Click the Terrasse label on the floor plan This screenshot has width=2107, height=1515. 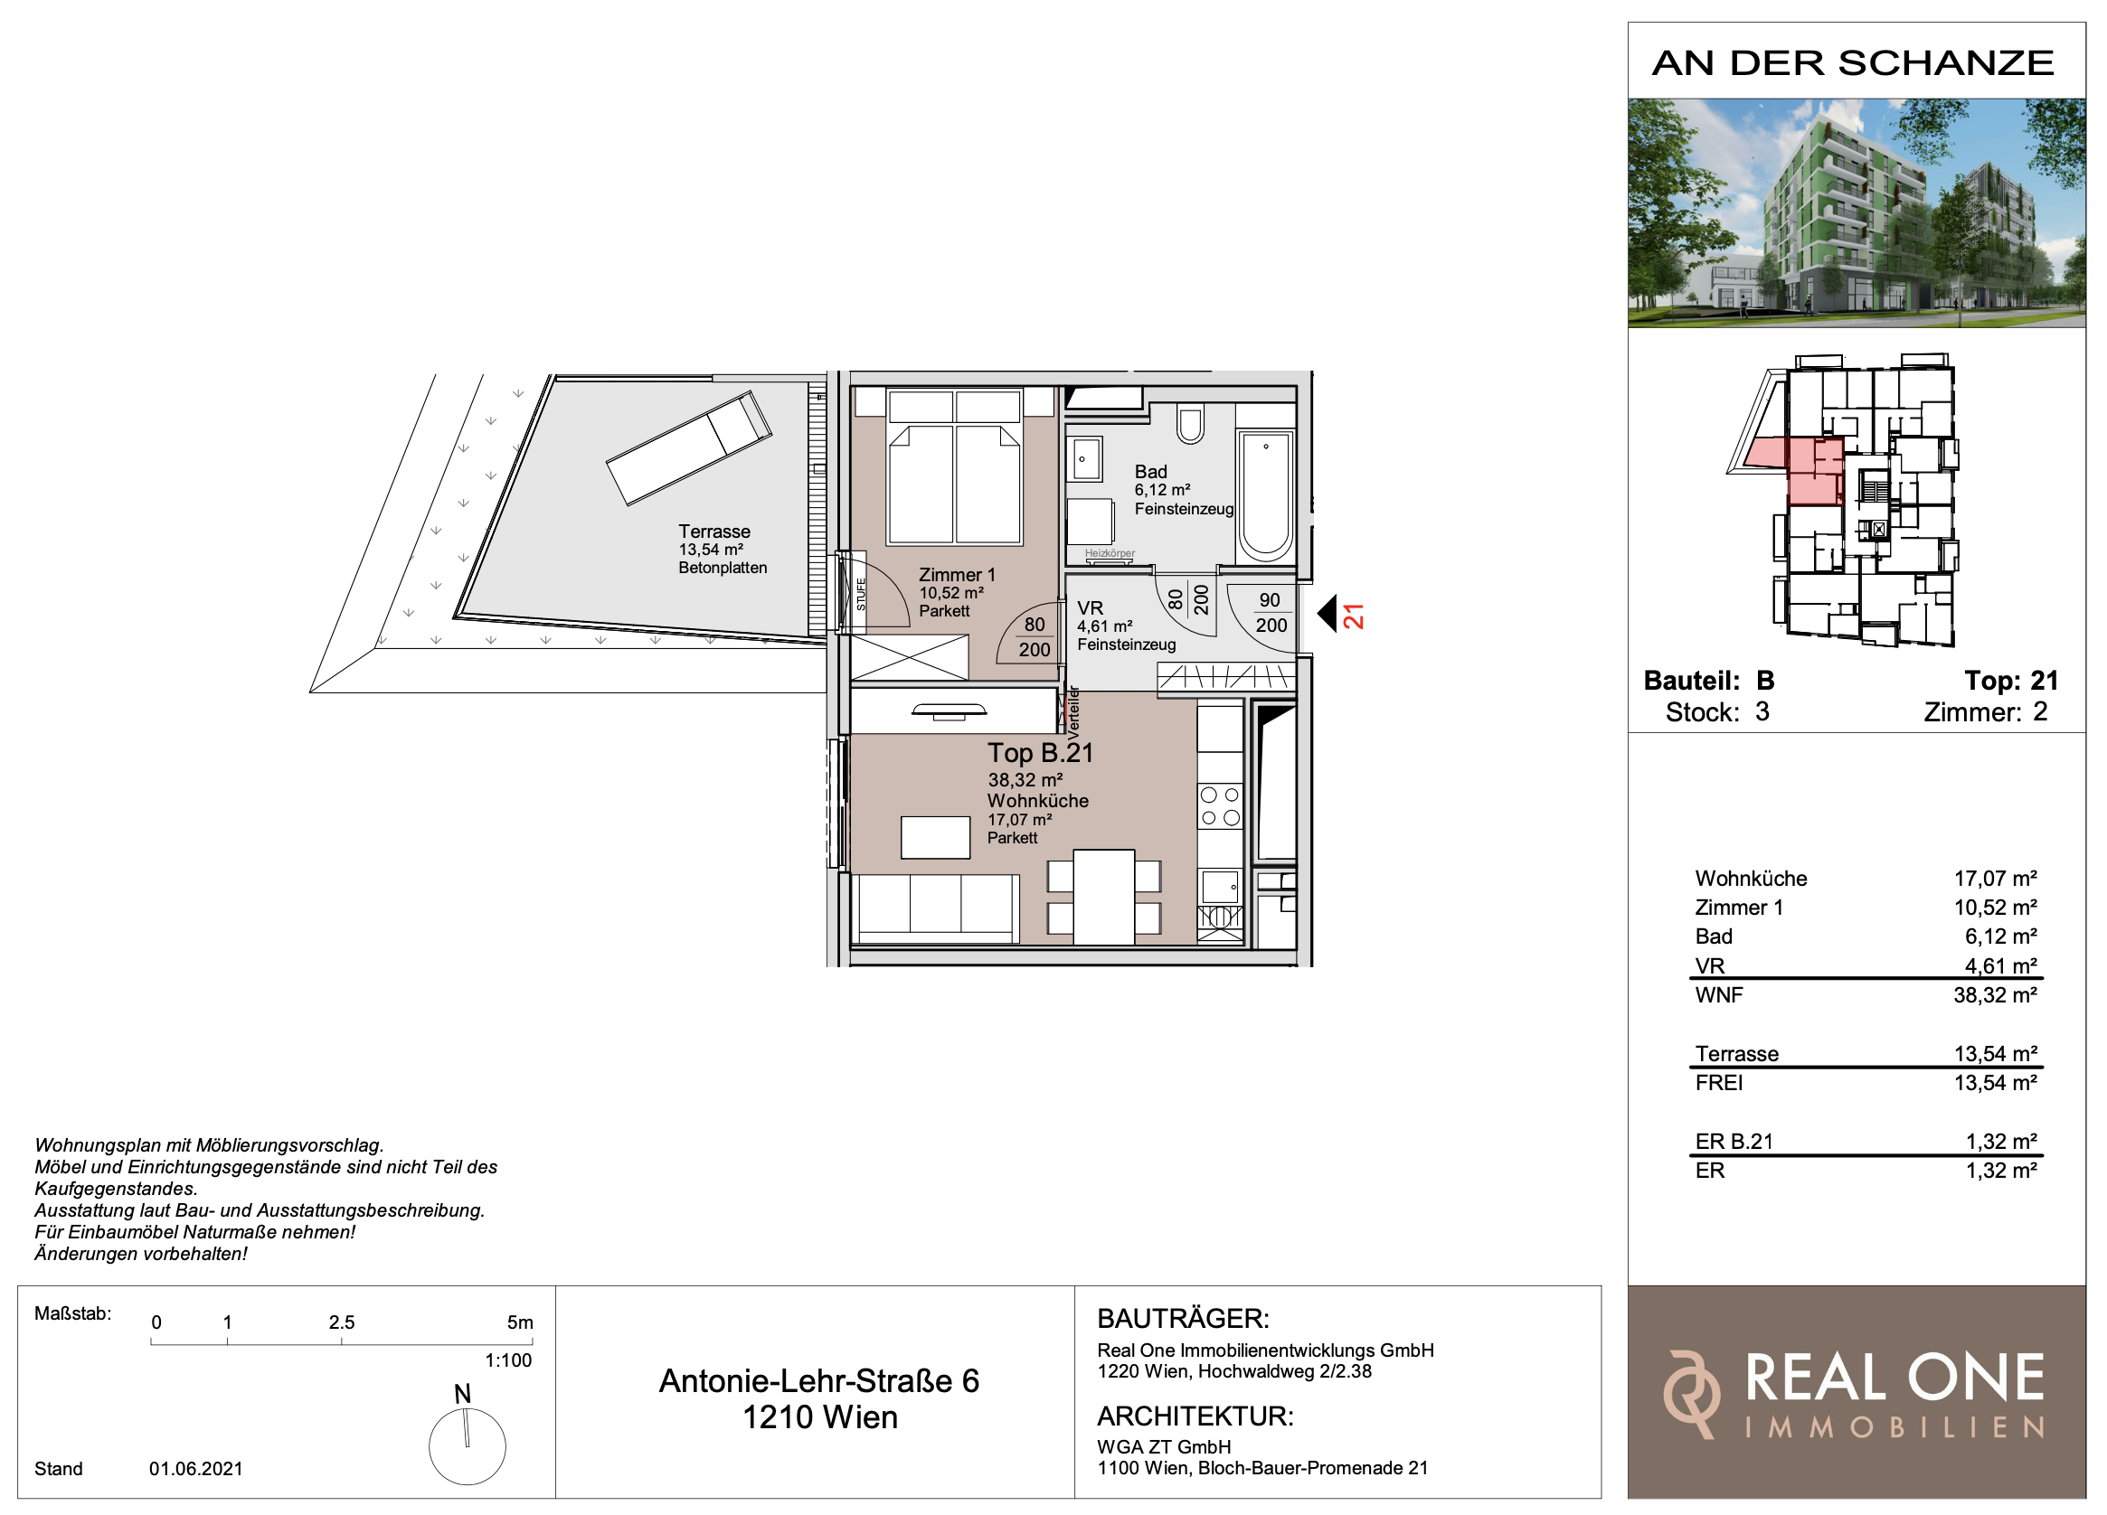(713, 532)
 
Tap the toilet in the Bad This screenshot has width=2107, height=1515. (1190, 423)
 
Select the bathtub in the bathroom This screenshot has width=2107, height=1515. (1265, 496)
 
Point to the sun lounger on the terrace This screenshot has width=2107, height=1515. (688, 447)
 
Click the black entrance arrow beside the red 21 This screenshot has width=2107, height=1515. (1327, 613)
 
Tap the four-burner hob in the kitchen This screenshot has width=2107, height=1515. (1220, 805)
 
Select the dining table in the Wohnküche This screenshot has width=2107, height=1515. (1103, 897)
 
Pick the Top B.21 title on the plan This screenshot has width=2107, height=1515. (1041, 752)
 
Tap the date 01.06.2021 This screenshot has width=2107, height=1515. (196, 1469)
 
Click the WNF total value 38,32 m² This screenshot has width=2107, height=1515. (1996, 995)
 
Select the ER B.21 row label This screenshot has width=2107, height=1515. (1734, 1142)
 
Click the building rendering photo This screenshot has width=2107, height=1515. (1857, 212)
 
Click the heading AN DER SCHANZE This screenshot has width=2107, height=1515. (1854, 63)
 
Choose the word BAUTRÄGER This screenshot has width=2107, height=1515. (1183, 1318)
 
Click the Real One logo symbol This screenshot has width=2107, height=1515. (1691, 1394)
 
